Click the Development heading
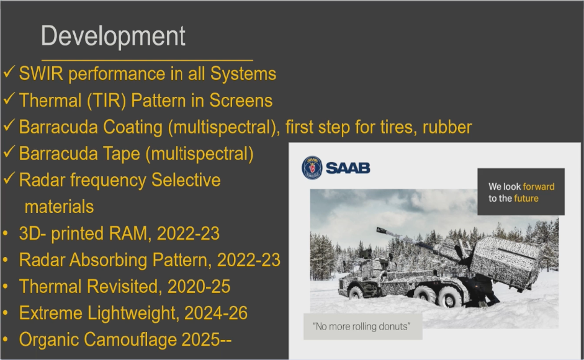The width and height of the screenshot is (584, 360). pyautogui.click(x=113, y=37)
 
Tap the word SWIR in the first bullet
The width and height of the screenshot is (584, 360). pyautogui.click(x=41, y=73)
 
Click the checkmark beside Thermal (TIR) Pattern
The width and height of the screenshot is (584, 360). pyautogui.click(x=9, y=99)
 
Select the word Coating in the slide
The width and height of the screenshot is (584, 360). pyautogui.click(x=133, y=127)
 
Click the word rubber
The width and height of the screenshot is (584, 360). pyautogui.click(x=447, y=127)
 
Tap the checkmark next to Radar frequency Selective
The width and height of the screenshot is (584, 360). pyautogui.click(x=9, y=178)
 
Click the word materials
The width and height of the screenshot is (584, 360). pyautogui.click(x=59, y=207)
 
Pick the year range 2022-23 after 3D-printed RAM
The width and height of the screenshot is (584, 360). pyautogui.click(x=188, y=233)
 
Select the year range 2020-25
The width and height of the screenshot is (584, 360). pyautogui.click(x=199, y=287)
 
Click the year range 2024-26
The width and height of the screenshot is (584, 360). pyautogui.click(x=215, y=313)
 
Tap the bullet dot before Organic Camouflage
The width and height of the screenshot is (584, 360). pyautogui.click(x=5, y=340)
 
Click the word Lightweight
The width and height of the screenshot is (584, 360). pyautogui.click(x=133, y=313)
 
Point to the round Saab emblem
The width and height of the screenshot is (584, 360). pyautogui.click(x=312, y=168)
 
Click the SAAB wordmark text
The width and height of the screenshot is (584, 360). pyautogui.click(x=348, y=168)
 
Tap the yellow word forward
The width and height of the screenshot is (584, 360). pyautogui.click(x=539, y=186)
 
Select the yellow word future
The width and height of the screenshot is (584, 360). pyautogui.click(x=526, y=198)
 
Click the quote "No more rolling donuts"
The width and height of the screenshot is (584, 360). pyautogui.click(x=362, y=326)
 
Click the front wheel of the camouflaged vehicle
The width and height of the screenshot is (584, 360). pyautogui.click(x=356, y=292)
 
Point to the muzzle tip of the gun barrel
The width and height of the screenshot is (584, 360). pyautogui.click(x=379, y=230)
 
